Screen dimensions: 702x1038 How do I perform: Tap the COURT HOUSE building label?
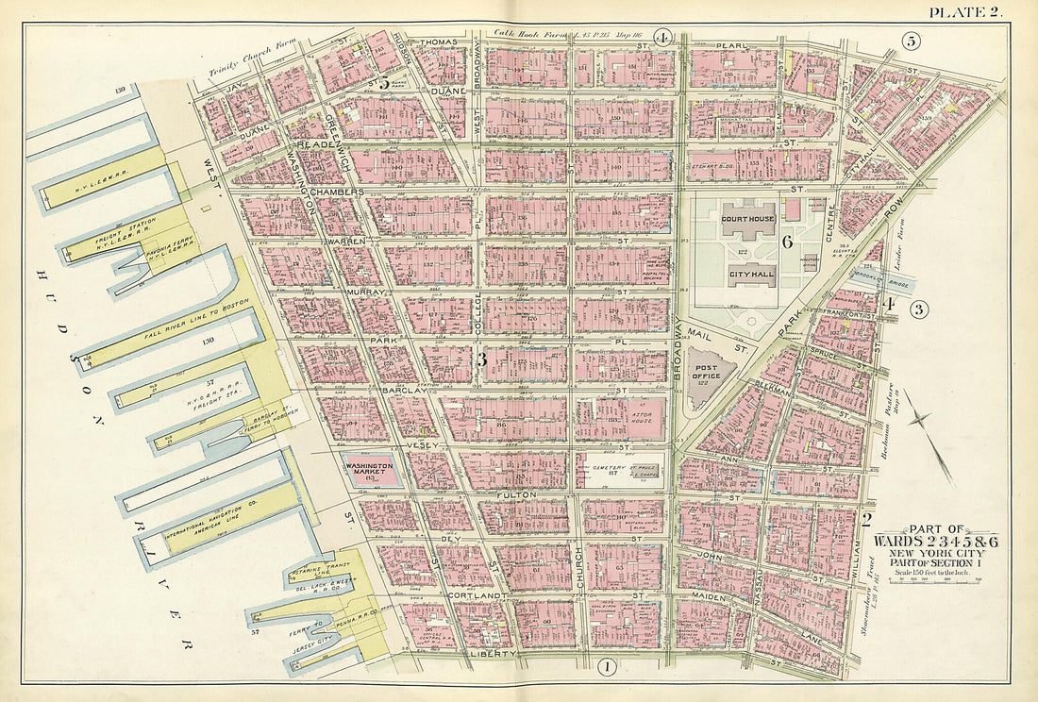point(747,219)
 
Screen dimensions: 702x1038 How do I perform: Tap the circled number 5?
point(911,41)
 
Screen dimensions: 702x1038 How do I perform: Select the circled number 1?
point(607,669)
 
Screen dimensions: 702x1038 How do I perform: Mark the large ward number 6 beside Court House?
point(786,242)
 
